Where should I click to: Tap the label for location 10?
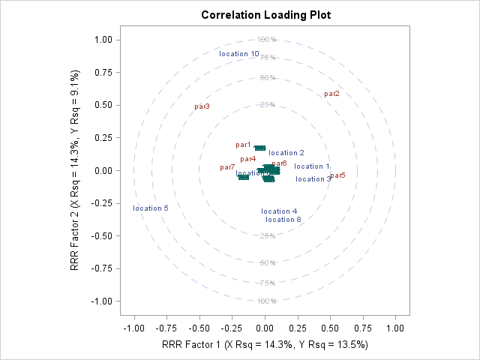239,54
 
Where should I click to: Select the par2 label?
331,94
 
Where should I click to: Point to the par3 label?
202,106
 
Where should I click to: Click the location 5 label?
151,208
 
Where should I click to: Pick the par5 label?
337,175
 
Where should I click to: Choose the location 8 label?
283,220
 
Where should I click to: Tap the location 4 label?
280,211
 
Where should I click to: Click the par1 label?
243,145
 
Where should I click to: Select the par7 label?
227,167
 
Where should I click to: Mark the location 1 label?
312,166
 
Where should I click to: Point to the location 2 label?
286,153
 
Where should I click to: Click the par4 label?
248,159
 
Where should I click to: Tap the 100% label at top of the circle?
267,40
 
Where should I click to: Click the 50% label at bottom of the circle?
267,263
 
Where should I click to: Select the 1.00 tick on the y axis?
103,40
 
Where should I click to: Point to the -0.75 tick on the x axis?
166,328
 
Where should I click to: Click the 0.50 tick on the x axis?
331,328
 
